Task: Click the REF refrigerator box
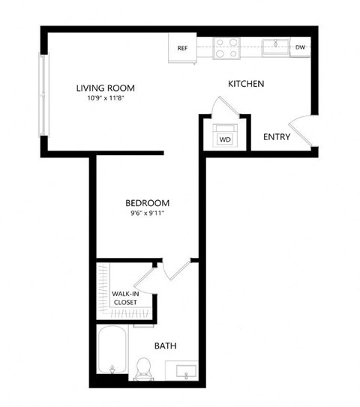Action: point(182,48)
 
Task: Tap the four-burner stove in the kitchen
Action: point(226,47)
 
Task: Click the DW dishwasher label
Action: point(300,47)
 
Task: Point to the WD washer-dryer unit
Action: point(224,138)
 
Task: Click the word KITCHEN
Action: point(246,84)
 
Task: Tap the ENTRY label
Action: point(276,137)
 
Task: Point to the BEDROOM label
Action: point(146,202)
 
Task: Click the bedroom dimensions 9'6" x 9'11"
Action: point(146,214)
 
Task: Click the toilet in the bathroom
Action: point(145,367)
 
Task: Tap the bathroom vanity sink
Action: point(185,370)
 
